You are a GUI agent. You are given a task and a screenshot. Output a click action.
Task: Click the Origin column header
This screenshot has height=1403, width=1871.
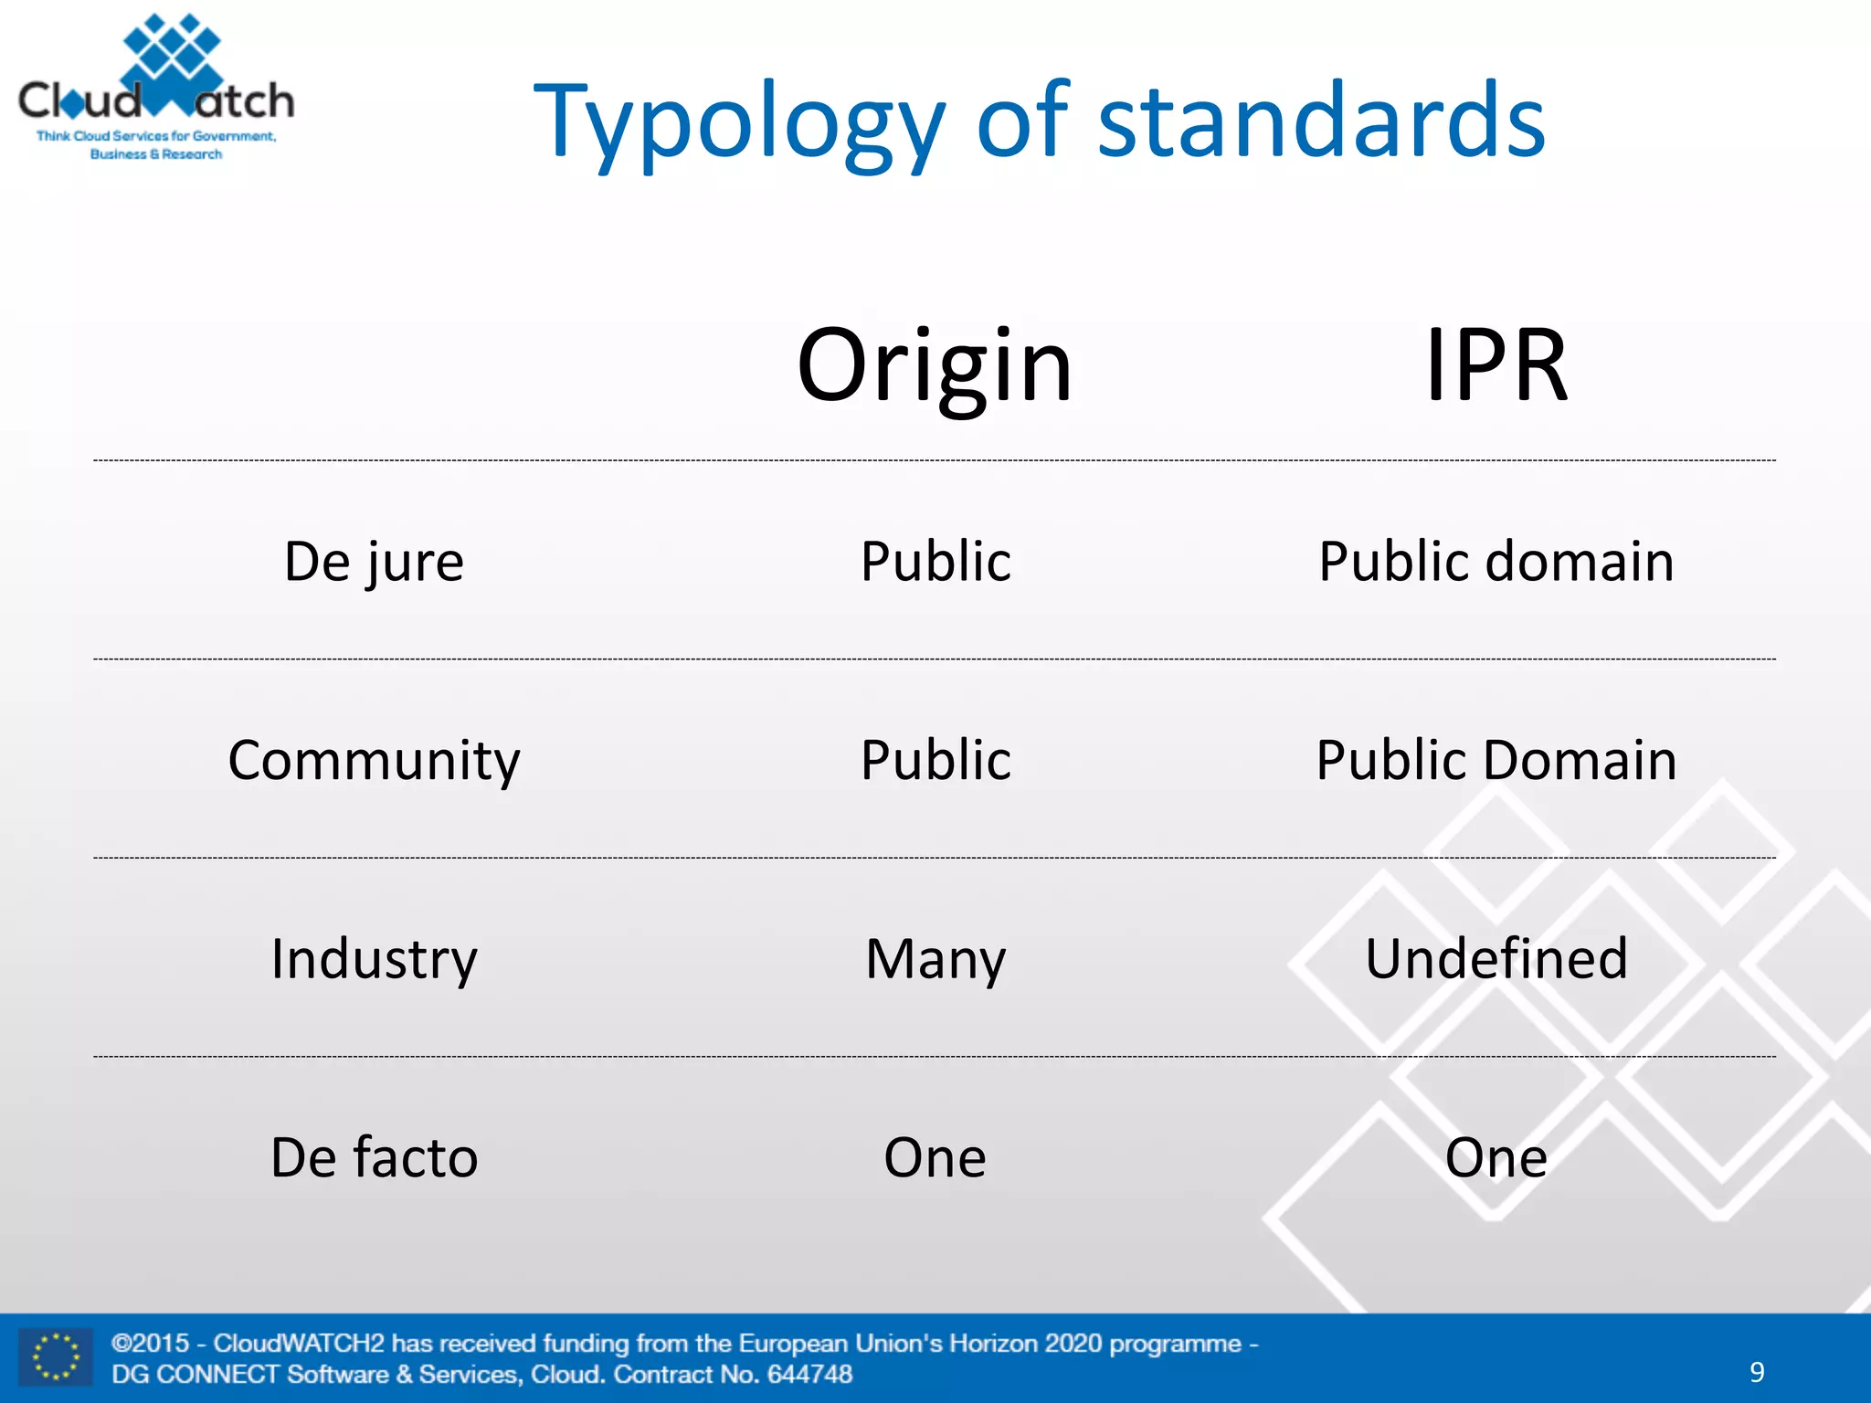(935, 365)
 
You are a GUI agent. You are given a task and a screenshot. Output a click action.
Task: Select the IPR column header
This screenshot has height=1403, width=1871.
(1496, 365)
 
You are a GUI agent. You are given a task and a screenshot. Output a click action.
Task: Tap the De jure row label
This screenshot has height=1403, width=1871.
(374, 561)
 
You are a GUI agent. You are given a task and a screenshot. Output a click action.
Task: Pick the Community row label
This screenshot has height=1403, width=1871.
(374, 760)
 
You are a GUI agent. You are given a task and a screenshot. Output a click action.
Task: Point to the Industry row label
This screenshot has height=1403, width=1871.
(374, 959)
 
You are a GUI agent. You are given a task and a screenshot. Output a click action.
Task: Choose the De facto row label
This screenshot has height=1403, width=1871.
(374, 1157)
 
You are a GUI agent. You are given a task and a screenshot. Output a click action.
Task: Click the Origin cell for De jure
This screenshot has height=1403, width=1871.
(935, 561)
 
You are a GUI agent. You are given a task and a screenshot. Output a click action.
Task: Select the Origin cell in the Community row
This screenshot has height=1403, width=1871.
(935, 760)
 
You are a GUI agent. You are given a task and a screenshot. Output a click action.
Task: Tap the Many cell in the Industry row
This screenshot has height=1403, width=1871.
(935, 959)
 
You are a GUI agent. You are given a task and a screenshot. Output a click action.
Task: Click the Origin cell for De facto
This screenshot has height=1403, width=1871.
(935, 1157)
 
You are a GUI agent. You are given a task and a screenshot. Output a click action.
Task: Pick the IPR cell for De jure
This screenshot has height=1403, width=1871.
(1496, 561)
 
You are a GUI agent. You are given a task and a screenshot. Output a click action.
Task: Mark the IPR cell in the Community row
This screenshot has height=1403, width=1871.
(1496, 760)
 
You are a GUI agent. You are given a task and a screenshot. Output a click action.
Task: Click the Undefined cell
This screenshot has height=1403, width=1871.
(1496, 959)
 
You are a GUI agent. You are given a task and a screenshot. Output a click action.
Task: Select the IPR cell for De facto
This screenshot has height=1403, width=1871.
(1496, 1157)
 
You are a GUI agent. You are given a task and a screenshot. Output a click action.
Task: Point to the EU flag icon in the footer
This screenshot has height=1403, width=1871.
(56, 1357)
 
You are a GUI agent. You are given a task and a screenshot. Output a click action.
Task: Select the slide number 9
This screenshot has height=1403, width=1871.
(1757, 1372)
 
